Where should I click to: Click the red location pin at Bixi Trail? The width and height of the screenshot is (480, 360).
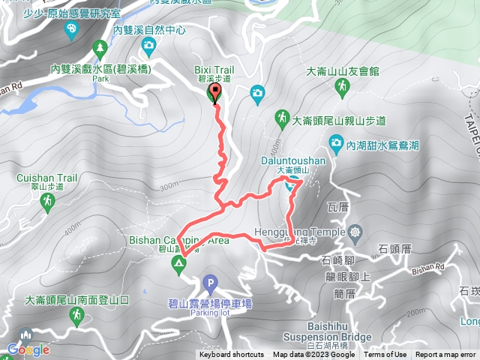[x=216, y=93]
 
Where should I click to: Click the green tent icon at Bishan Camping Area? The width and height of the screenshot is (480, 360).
[x=179, y=262]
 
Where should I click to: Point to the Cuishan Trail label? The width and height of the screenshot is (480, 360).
[x=46, y=178]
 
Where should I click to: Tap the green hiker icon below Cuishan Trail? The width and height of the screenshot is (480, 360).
[x=47, y=201]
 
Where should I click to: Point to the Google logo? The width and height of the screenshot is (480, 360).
[x=28, y=349]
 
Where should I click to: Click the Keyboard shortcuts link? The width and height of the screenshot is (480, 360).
[x=231, y=355]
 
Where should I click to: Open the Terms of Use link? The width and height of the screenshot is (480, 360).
[x=386, y=355]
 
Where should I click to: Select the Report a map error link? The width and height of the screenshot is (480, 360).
[x=445, y=355]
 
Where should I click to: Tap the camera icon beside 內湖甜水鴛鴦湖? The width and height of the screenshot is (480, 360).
[x=336, y=142]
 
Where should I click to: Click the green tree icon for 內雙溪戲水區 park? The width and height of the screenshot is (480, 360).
[x=100, y=49]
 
